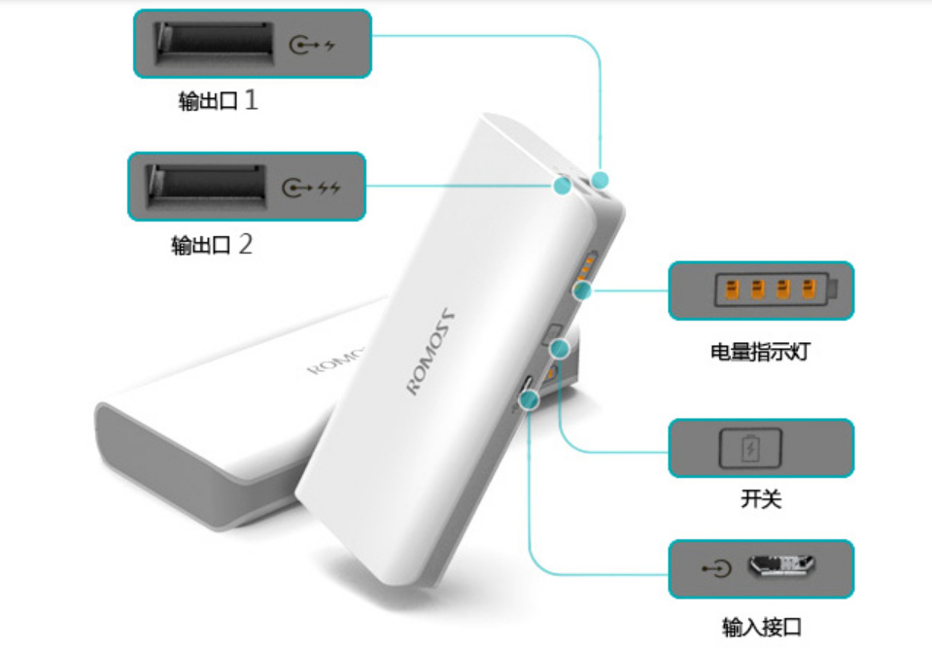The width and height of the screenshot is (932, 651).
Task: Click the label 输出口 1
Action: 218,100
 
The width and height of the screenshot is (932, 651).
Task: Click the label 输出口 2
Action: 212,244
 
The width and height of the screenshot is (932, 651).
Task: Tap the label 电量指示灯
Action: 760,352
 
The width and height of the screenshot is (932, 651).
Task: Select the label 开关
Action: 761,498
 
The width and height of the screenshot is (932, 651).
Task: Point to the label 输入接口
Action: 761,627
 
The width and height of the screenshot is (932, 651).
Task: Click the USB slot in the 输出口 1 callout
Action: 214,44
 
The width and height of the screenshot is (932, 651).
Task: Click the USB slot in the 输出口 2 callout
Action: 206,187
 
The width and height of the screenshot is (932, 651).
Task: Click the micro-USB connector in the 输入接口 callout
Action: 781,565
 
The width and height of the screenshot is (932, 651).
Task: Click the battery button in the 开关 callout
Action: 750,448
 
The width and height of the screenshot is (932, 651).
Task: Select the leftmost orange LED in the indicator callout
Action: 733,290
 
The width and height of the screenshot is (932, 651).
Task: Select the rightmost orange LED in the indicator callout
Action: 809,289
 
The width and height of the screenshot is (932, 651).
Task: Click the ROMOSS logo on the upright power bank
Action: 431,351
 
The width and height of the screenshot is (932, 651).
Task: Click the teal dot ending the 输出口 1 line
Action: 601,180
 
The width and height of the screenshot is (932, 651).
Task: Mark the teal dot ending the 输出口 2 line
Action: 563,186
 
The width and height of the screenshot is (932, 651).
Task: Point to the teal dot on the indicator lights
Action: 583,291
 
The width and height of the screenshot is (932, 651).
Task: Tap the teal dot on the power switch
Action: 560,349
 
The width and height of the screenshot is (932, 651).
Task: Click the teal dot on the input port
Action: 529,400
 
